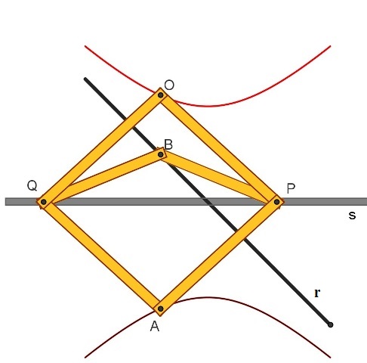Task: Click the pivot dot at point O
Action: point(161,95)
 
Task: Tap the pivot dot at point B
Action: point(161,154)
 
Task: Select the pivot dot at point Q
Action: point(44,202)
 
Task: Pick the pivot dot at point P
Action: point(277,202)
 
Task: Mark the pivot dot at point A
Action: point(161,309)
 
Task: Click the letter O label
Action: point(169,85)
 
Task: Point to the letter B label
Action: point(168,144)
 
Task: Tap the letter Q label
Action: point(32,186)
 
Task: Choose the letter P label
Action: point(291,188)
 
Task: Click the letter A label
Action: point(155,327)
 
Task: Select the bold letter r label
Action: point(317,293)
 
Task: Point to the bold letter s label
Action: point(352,215)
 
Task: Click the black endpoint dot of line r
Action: point(331,324)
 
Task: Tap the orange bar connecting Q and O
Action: point(102,148)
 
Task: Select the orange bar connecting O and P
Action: point(219,149)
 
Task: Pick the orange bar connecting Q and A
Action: point(102,255)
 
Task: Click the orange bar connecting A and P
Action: point(219,255)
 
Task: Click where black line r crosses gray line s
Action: point(208,202)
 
